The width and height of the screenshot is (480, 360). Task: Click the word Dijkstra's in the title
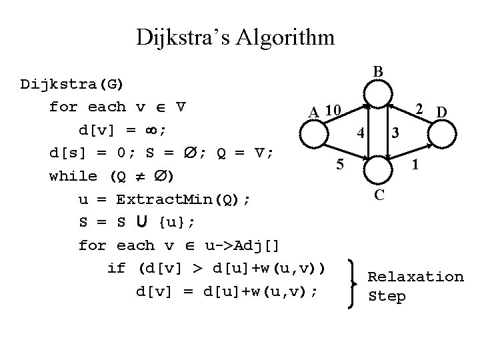[x=175, y=37]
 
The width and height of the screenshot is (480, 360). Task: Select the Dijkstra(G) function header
[x=76, y=85]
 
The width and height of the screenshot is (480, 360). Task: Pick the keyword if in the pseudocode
[x=117, y=269]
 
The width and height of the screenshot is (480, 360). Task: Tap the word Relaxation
[x=415, y=276]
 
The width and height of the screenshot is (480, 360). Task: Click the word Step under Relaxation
[x=387, y=297]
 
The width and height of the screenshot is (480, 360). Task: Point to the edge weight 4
[x=360, y=132]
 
